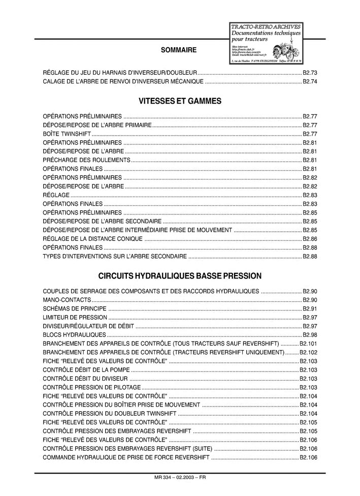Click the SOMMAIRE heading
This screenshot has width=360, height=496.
(x=178, y=50)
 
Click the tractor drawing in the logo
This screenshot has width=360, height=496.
(x=283, y=50)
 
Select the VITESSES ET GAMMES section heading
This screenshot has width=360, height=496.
(x=180, y=101)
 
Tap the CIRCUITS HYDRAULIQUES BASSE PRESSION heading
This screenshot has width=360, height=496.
(x=180, y=276)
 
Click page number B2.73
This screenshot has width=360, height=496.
(x=310, y=73)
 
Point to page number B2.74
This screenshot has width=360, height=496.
(x=310, y=82)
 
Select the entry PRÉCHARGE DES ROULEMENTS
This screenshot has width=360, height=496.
(x=87, y=160)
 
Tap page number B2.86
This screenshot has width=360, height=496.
(x=310, y=239)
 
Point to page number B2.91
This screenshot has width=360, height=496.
(x=310, y=308)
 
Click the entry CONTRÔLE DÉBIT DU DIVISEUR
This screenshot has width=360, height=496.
(x=85, y=379)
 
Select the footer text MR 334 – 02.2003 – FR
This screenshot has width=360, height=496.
(x=180, y=478)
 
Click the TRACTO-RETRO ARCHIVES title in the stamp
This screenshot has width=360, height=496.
(x=266, y=26)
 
